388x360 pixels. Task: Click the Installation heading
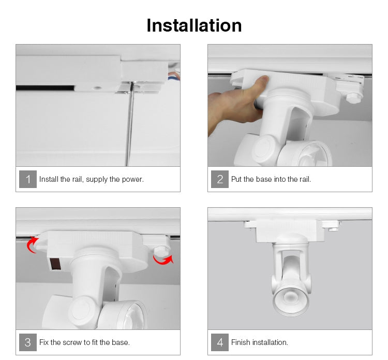tap(194, 25)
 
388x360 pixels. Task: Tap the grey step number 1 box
tap(28, 179)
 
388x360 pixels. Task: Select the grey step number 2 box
tap(220, 179)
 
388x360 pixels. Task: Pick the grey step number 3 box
tap(28, 342)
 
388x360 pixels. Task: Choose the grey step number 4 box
tap(220, 342)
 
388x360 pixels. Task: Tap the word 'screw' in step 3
tap(73, 342)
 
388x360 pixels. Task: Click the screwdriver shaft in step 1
tap(129, 124)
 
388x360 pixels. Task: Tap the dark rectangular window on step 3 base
tap(55, 264)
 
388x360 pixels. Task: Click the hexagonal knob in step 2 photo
tap(354, 97)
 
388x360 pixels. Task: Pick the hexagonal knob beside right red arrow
tap(161, 251)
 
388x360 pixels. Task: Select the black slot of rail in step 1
tap(45, 88)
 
